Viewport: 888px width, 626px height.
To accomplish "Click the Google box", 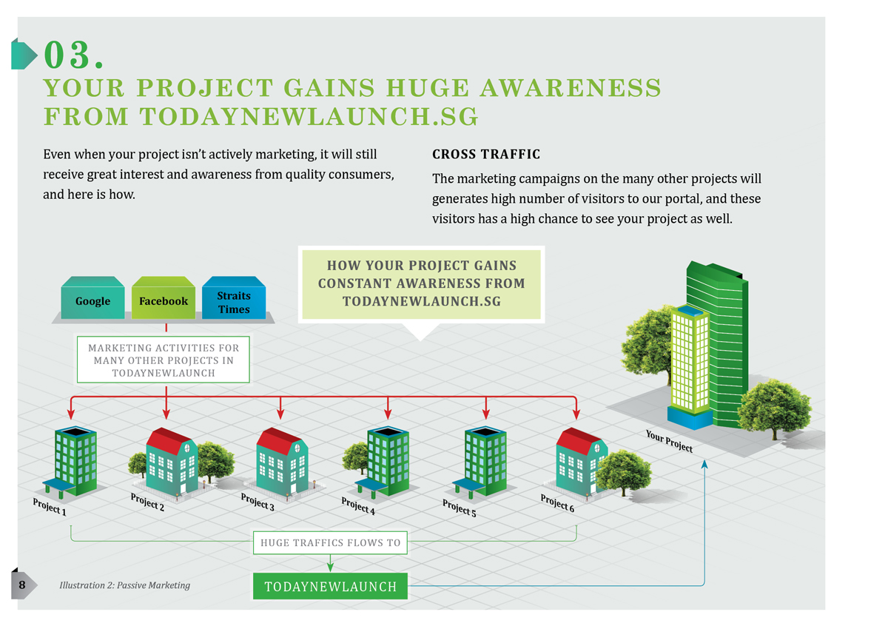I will click(x=92, y=301).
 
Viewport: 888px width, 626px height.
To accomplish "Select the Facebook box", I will click(x=164, y=301).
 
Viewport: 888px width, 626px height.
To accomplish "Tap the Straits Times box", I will click(x=234, y=302).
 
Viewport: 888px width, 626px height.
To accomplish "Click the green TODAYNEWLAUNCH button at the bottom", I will click(x=330, y=587).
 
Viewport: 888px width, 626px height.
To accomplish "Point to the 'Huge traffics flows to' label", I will click(x=330, y=542).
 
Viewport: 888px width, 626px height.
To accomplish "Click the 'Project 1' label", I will click(x=50, y=506).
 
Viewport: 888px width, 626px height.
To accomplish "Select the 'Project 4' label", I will click(x=358, y=506).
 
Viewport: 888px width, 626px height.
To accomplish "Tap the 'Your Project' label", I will click(x=669, y=441).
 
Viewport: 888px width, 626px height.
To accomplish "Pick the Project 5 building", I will click(x=485, y=459).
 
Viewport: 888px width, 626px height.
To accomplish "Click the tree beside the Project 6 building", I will click(x=624, y=471).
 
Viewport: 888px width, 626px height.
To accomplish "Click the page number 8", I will click(x=22, y=585).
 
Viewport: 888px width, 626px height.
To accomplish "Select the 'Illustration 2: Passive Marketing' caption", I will click(x=124, y=585).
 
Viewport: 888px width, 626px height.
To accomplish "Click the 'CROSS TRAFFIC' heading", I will click(x=486, y=155).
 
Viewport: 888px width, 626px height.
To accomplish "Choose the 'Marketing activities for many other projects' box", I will click(x=164, y=360).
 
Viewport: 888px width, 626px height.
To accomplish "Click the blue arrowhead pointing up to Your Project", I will click(x=704, y=464).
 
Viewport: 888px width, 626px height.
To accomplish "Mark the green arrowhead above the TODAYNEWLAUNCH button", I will click(x=330, y=567).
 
